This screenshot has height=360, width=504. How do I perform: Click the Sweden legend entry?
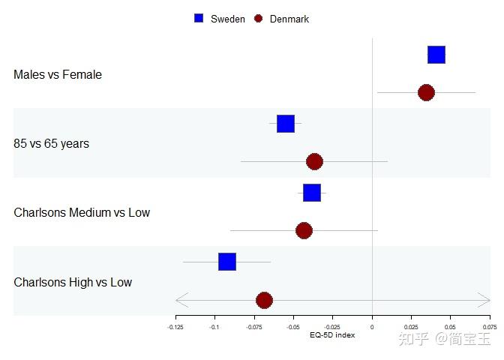pyautogui.click(x=220, y=19)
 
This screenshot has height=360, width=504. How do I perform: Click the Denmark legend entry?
pyautogui.click(x=281, y=19)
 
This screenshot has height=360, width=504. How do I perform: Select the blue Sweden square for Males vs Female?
pyautogui.click(x=436, y=55)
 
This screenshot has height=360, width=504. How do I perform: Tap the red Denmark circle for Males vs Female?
pyautogui.click(x=426, y=92)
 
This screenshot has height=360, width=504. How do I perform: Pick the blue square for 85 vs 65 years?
pyautogui.click(x=286, y=124)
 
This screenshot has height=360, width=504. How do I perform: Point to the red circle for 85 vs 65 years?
pyautogui.click(x=314, y=161)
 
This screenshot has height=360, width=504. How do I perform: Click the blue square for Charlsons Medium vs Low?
pyautogui.click(x=312, y=193)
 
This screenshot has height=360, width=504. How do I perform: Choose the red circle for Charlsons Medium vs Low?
pyautogui.click(x=304, y=230)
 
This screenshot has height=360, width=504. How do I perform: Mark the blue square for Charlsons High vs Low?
pyautogui.click(x=227, y=262)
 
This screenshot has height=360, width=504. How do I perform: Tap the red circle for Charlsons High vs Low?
pyautogui.click(x=264, y=300)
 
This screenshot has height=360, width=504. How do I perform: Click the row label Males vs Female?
pyautogui.click(x=58, y=75)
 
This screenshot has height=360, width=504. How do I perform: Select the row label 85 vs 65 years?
pyautogui.click(x=51, y=144)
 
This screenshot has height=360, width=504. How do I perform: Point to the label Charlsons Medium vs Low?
pyautogui.click(x=82, y=213)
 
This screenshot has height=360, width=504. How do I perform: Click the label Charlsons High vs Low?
pyautogui.click(x=73, y=283)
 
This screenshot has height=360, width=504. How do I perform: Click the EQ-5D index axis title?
pyautogui.click(x=332, y=335)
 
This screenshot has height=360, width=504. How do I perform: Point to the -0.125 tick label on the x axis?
pyautogui.click(x=175, y=327)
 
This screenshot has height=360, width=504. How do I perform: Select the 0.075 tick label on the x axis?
pyautogui.click(x=490, y=327)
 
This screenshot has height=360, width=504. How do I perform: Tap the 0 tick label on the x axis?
pyautogui.click(x=372, y=327)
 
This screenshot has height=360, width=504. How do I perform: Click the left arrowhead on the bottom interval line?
pyautogui.click(x=180, y=300)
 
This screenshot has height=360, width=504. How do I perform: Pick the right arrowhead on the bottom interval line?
pyautogui.click(x=486, y=300)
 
